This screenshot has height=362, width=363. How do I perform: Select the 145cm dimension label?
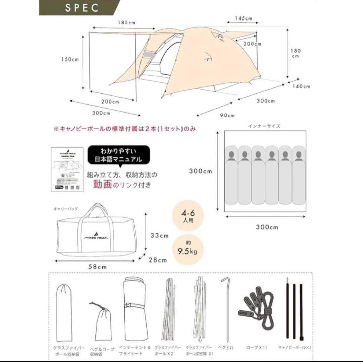click(x=244, y=18)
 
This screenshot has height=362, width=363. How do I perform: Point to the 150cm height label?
click(x=70, y=59)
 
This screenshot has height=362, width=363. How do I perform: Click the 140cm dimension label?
click(x=301, y=86)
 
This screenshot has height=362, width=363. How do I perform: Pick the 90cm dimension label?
click(x=228, y=115)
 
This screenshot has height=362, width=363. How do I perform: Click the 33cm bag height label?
click(x=159, y=236)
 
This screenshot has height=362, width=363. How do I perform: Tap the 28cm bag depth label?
click(x=158, y=259)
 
